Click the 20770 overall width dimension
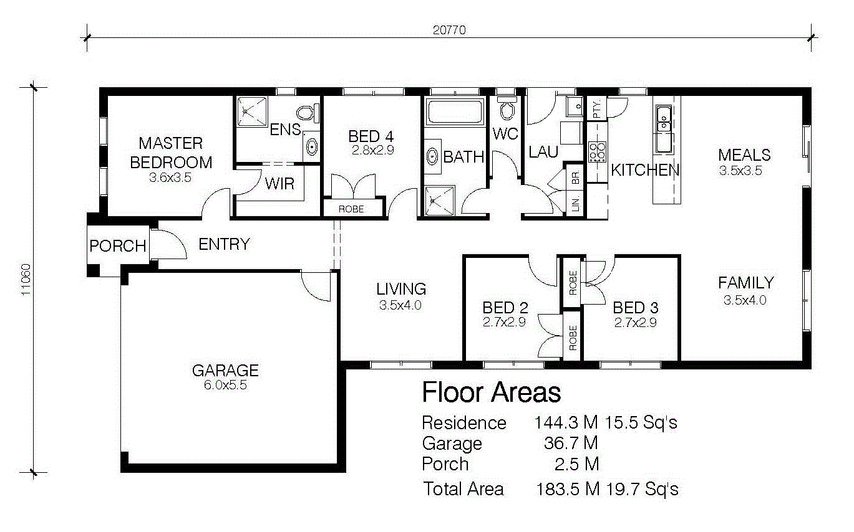coord(449,30)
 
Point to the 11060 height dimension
coord(26,280)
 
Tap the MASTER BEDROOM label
coord(171,153)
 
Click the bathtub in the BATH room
coord(455,112)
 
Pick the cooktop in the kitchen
coord(597,152)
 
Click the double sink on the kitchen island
coord(664,119)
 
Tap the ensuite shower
coord(252,112)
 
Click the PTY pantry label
coord(596,109)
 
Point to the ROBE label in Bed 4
coord(351,209)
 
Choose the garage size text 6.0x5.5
coord(225,385)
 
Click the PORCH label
coord(118,246)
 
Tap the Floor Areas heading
coord(492,392)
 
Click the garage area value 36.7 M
coord(571,443)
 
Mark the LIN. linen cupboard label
coord(576,204)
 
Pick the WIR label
coord(280,184)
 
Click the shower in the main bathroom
coord(440,201)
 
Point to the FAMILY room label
coord(746,283)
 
